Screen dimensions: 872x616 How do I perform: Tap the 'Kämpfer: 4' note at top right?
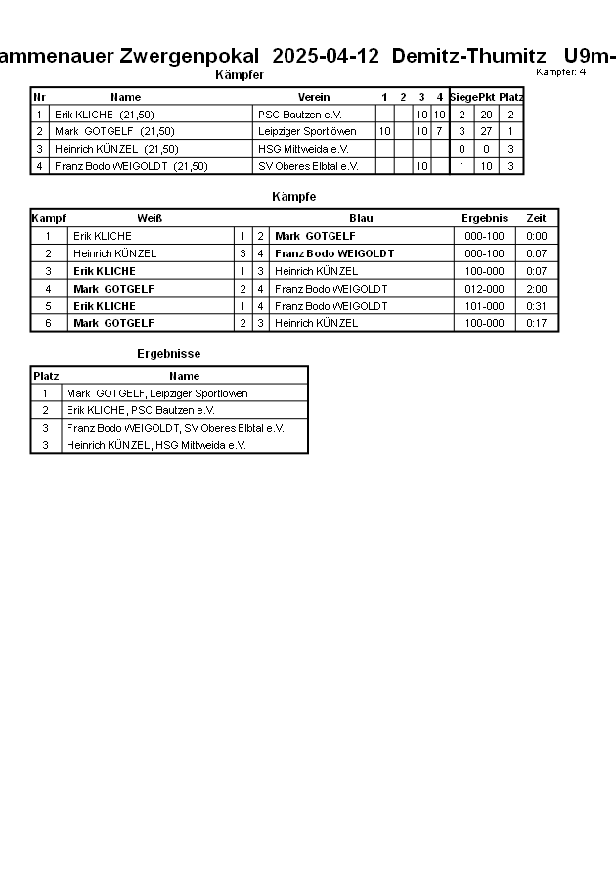(x=561, y=72)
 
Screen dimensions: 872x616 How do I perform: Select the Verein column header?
(x=314, y=97)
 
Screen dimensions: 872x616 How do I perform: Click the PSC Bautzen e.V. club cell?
(x=300, y=115)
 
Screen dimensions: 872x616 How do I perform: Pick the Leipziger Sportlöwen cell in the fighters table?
(x=307, y=131)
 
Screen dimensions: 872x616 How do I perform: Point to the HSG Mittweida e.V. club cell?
(x=304, y=149)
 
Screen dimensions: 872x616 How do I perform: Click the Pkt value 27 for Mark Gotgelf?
(x=485, y=131)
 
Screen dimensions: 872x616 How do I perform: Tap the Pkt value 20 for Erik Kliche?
(x=485, y=115)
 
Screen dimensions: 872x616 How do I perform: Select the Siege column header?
(x=462, y=97)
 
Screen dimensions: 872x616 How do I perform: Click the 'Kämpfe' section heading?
(x=293, y=197)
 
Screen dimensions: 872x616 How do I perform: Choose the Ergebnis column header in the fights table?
(x=485, y=218)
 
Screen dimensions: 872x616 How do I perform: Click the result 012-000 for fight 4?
(x=485, y=289)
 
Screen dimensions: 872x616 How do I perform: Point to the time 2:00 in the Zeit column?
(x=537, y=289)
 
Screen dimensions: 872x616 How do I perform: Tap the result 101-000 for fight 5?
(x=485, y=306)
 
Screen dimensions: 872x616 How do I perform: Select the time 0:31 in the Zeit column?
(x=537, y=306)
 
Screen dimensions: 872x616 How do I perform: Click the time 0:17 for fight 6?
(x=537, y=323)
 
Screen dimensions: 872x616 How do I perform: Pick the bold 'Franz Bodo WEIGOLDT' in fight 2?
(x=334, y=253)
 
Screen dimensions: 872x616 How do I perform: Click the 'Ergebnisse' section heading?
(x=168, y=353)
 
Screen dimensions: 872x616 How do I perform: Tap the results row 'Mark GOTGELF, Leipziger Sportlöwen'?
(x=157, y=393)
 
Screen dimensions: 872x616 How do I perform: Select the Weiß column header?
(x=150, y=218)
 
